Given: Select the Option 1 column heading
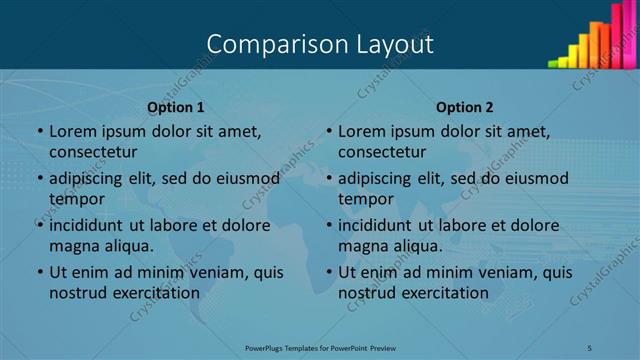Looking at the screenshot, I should pyautogui.click(x=176, y=107).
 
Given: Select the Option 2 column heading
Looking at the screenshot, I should pyautogui.click(x=465, y=107).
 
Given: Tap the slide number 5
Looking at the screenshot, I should pyautogui.click(x=590, y=347).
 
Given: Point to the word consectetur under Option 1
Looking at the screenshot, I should pyautogui.click(x=93, y=152).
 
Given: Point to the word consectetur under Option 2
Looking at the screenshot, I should pyautogui.click(x=382, y=152).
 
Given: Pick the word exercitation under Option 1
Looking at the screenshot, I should pyautogui.click(x=155, y=293).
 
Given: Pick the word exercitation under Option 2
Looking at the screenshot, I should pyautogui.click(x=444, y=293).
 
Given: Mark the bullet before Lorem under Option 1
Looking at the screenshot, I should pyautogui.click(x=40, y=131).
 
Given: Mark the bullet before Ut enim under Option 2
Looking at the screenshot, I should pyautogui.click(x=329, y=272).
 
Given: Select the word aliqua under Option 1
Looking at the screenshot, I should pyautogui.click(x=128, y=246).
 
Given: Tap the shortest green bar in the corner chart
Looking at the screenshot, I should pyautogui.click(x=553, y=63).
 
